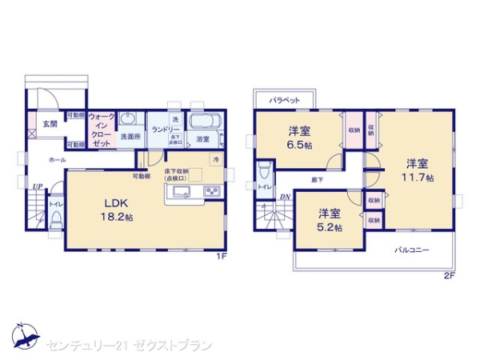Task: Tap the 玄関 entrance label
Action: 50,124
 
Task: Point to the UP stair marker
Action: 37,187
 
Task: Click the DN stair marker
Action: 286,197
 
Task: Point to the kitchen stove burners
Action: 212,190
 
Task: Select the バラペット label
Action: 284,100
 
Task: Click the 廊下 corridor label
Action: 318,180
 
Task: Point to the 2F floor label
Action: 449,276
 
